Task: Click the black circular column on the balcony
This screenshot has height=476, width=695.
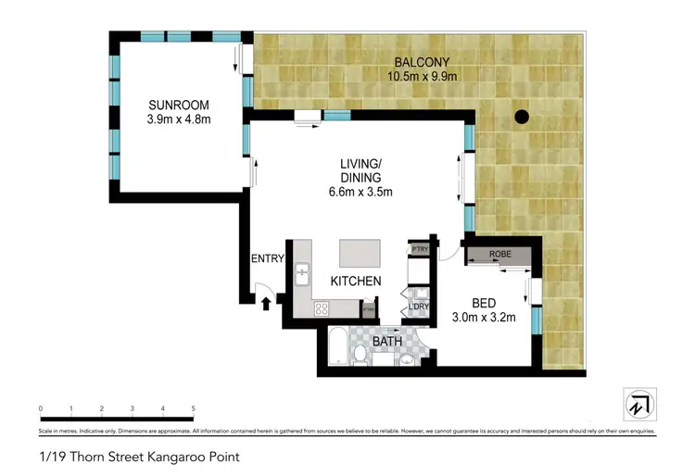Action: click(522, 118)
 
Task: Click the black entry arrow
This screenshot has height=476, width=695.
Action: click(267, 301)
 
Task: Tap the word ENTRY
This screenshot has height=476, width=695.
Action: click(267, 258)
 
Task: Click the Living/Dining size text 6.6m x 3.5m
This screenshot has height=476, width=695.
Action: click(362, 193)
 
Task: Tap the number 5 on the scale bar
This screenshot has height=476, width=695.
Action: click(193, 408)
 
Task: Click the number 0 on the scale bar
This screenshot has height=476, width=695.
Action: click(41, 408)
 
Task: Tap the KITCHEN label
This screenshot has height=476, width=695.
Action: click(356, 281)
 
